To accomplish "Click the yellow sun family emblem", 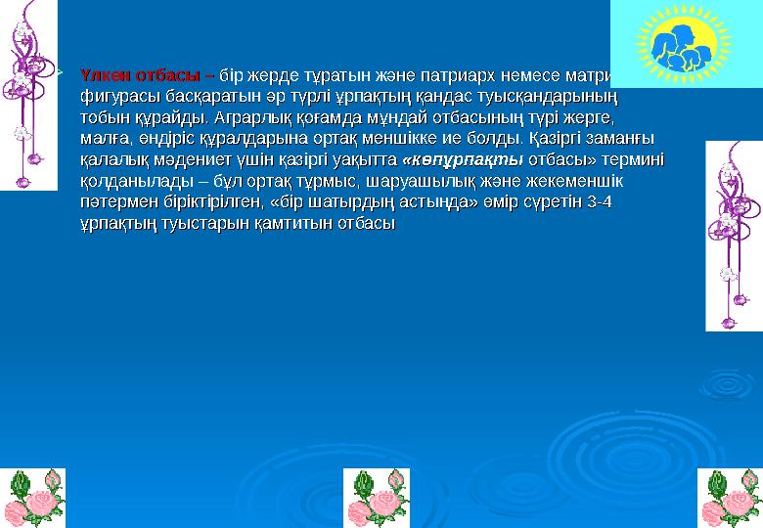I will [686, 45].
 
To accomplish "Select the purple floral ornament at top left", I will [28, 93].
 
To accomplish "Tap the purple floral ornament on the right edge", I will [734, 235].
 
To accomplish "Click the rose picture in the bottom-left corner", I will [28, 498].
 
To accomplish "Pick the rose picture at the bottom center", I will [378, 498].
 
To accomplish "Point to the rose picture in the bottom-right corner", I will [730, 498].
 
